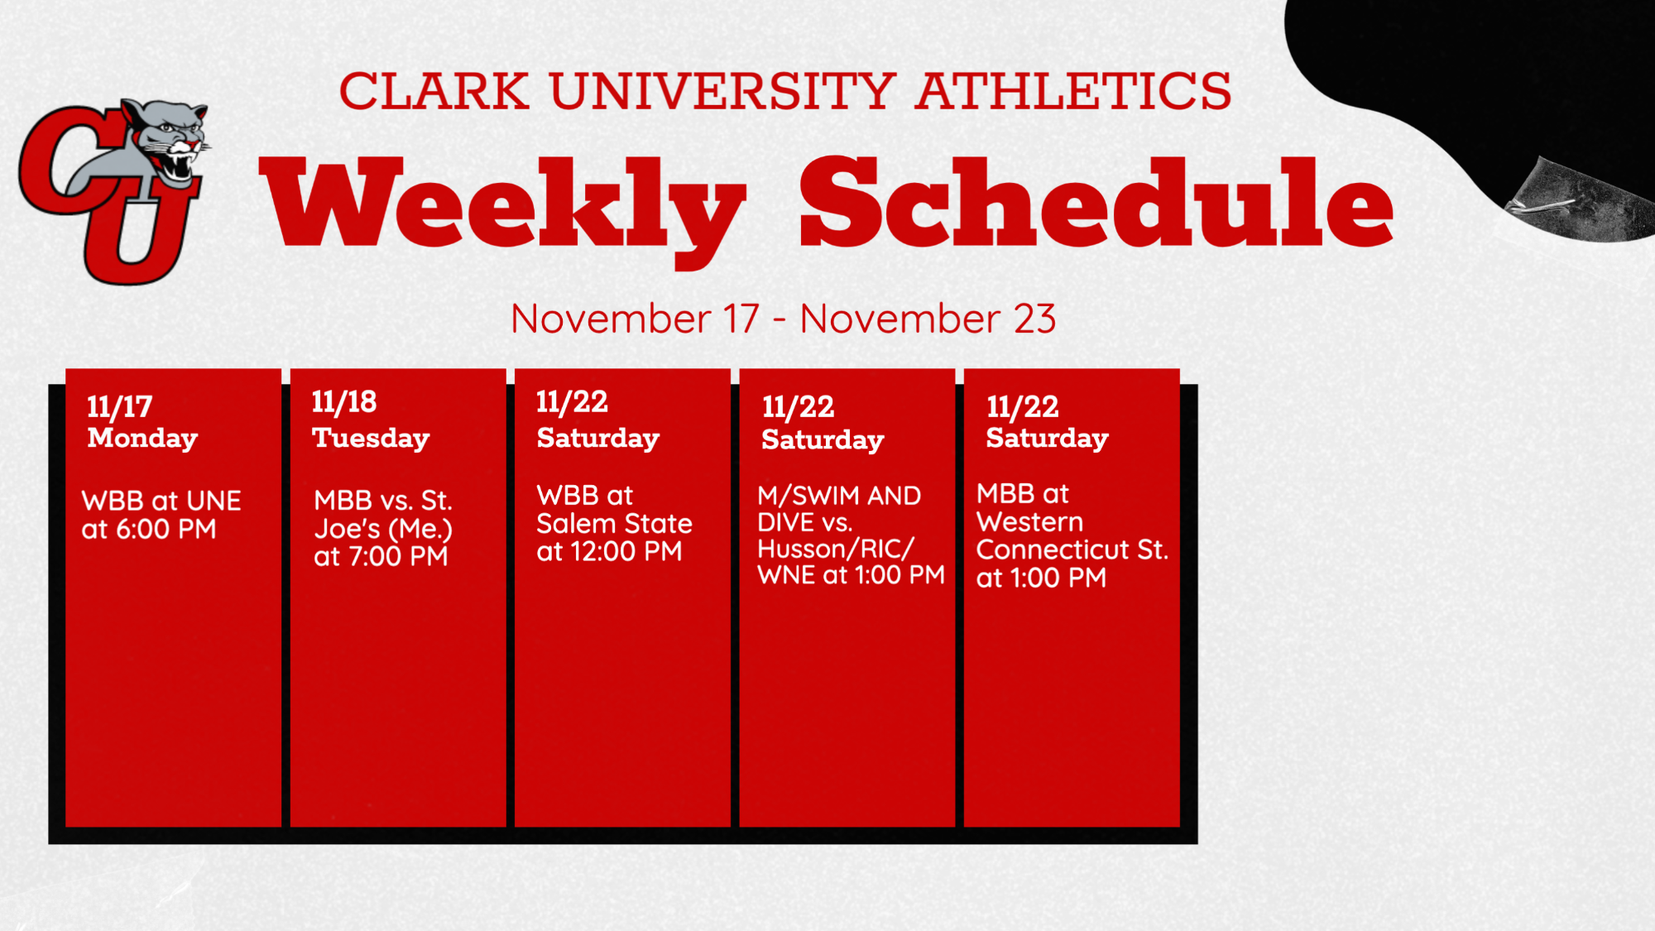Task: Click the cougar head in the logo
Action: pyautogui.click(x=165, y=141)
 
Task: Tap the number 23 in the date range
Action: pyautogui.click(x=1034, y=319)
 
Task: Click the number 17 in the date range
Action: pyautogui.click(x=741, y=319)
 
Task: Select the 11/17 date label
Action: pyautogui.click(x=120, y=406)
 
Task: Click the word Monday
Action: pyautogui.click(x=142, y=438)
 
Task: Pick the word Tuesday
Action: pyautogui.click(x=371, y=438)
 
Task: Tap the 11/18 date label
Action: pyautogui.click(x=344, y=402)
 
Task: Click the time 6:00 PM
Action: pyautogui.click(x=166, y=529)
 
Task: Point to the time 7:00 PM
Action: pyautogui.click(x=399, y=556)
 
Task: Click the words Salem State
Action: pyautogui.click(x=614, y=523)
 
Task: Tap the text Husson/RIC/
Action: pyautogui.click(x=836, y=549)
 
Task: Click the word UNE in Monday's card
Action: pyautogui.click(x=214, y=501)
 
